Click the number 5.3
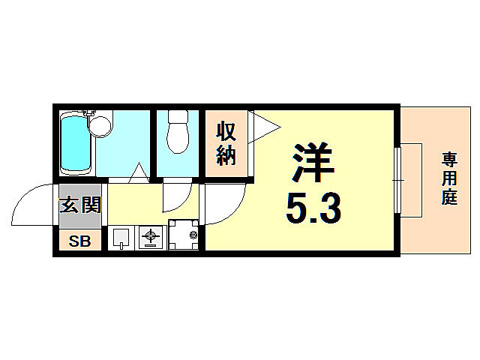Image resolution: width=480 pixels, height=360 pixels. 313,208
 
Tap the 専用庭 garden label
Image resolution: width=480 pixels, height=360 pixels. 449,180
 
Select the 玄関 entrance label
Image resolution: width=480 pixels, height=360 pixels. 79,203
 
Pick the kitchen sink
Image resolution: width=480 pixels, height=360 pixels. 121,238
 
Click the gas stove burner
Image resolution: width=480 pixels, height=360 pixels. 150,238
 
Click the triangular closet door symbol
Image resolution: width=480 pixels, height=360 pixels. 262,125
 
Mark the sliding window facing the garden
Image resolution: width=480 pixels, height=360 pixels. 397,181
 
